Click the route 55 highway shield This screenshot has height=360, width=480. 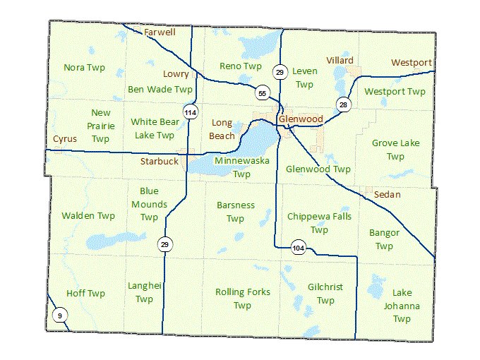click(262, 93)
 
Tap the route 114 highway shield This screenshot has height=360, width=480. click(189, 112)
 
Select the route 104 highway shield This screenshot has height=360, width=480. click(299, 248)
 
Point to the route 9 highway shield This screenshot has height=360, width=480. click(60, 315)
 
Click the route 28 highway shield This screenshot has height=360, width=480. click(343, 104)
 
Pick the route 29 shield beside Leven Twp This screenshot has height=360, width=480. click(280, 72)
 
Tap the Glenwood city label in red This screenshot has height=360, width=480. click(301, 119)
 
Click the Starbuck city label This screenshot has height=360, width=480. click(159, 162)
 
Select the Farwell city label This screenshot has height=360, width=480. click(160, 32)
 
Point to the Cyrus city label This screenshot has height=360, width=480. click(65, 139)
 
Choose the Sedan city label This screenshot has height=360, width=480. click(387, 193)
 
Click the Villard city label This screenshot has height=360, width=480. click(340, 61)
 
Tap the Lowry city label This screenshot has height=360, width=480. click(176, 73)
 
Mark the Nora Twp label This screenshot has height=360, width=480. click(84, 68)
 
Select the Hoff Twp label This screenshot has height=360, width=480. click(85, 294)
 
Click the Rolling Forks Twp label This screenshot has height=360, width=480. click(242, 299)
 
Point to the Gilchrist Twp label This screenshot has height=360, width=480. click(325, 294)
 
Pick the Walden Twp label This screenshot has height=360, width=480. click(88, 216)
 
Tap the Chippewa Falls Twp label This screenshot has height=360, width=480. click(319, 223)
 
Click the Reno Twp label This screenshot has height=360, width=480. click(241, 66)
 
